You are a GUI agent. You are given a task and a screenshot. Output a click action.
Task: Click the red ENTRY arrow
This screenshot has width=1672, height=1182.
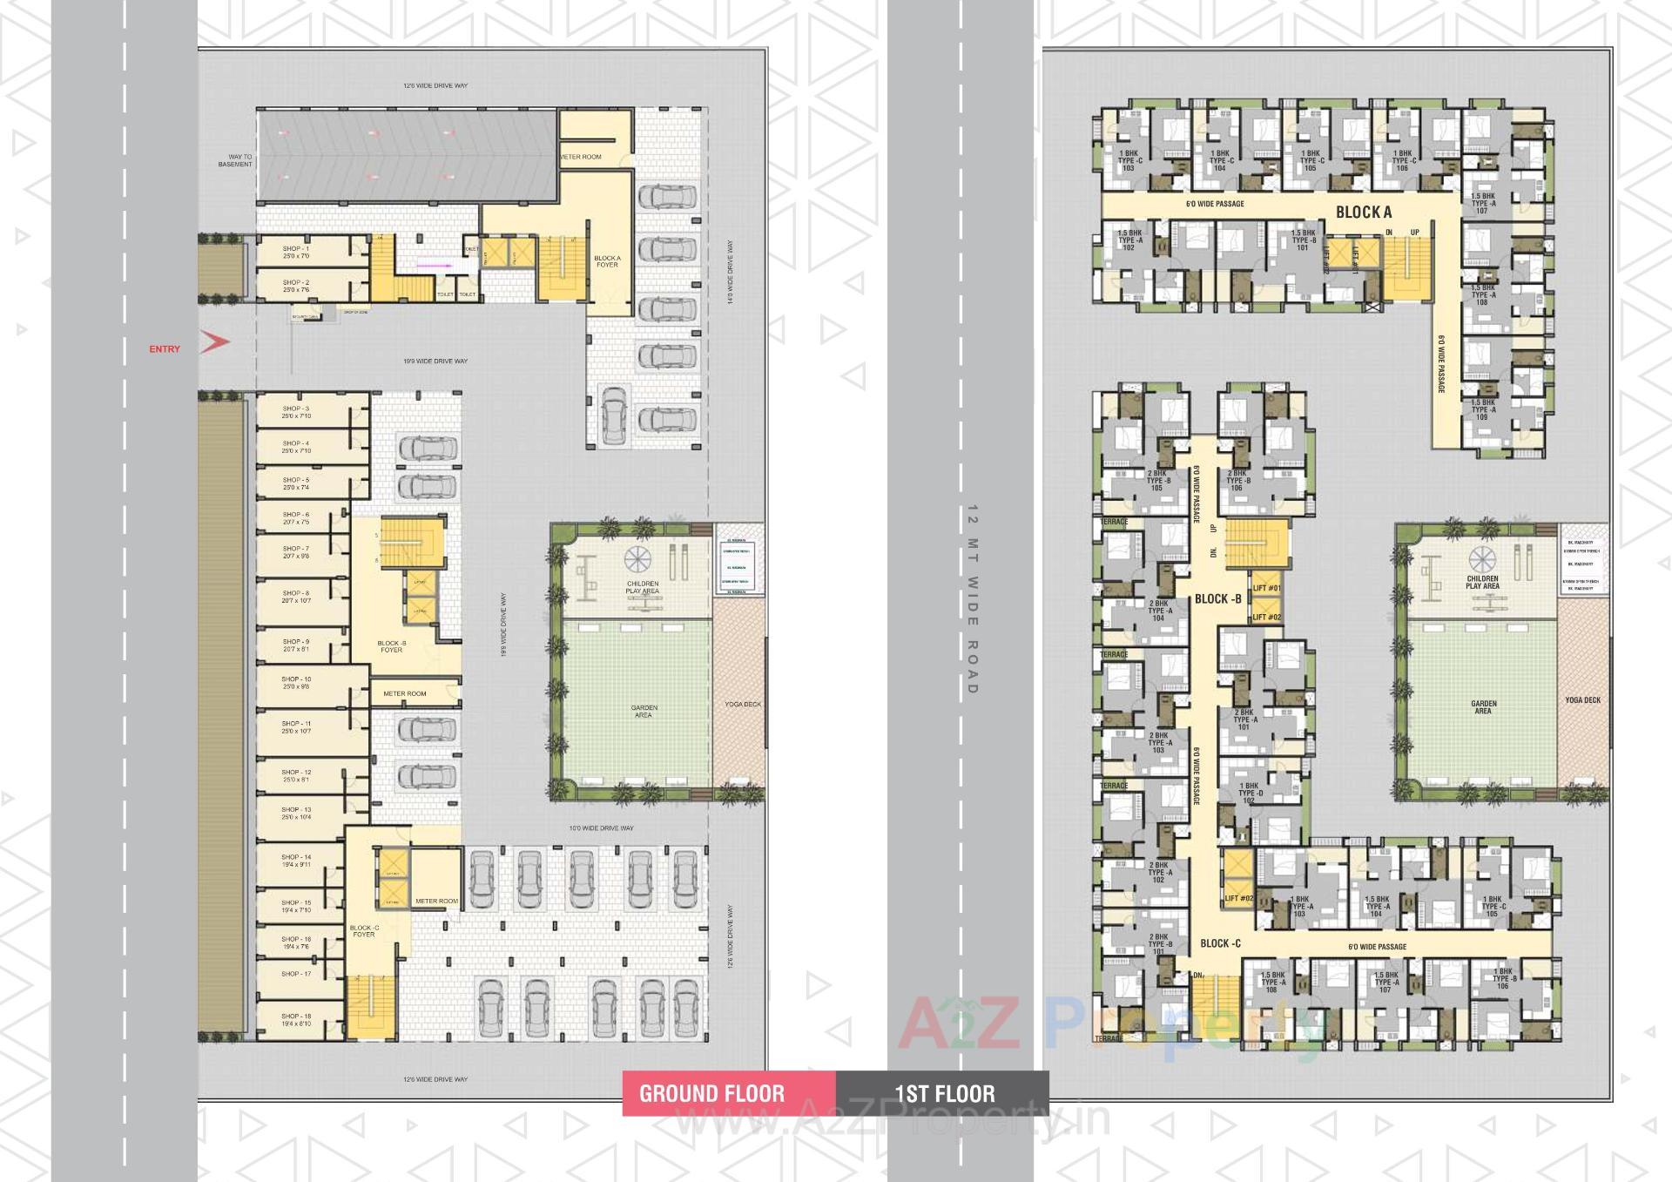pyautogui.click(x=215, y=342)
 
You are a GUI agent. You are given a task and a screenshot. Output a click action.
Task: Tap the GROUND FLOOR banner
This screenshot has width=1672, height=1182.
pyautogui.click(x=711, y=1094)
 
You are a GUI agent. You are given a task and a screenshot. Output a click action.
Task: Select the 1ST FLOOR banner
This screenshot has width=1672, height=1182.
pyautogui.click(x=944, y=1094)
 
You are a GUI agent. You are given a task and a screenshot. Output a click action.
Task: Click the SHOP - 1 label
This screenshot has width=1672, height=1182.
pyautogui.click(x=295, y=253)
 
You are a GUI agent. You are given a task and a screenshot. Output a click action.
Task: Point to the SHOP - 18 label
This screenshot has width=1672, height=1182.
pyautogui.click(x=295, y=1020)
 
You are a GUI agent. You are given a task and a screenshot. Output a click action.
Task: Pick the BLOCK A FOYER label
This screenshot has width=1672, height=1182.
pyautogui.click(x=607, y=261)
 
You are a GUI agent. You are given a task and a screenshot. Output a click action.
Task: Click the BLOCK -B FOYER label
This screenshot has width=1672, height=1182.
pyautogui.click(x=391, y=646)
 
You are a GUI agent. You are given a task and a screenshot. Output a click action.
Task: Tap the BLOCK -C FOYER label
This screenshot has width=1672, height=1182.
pyautogui.click(x=364, y=931)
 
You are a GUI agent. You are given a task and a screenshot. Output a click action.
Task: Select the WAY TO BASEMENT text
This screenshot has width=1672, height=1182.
pyautogui.click(x=235, y=160)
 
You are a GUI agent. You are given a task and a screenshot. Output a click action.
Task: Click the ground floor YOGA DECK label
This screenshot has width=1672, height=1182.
pyautogui.click(x=742, y=705)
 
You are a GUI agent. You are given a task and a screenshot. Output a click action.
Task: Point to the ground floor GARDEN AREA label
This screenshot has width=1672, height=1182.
pyautogui.click(x=643, y=712)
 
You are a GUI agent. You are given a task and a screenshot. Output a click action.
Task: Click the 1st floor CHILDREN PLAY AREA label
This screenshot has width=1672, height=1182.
pyautogui.click(x=1482, y=582)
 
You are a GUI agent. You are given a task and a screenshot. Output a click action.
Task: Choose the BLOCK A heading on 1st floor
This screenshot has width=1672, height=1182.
pyautogui.click(x=1364, y=212)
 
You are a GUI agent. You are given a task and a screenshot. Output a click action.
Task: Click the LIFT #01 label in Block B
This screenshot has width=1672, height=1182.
pyautogui.click(x=1266, y=589)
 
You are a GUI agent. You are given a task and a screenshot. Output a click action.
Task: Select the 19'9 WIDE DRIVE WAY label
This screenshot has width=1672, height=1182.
pyautogui.click(x=435, y=361)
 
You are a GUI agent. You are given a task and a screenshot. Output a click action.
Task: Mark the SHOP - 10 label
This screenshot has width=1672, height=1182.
pyautogui.click(x=295, y=683)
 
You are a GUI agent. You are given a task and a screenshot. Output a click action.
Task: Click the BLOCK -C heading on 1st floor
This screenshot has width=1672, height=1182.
pyautogui.click(x=1220, y=943)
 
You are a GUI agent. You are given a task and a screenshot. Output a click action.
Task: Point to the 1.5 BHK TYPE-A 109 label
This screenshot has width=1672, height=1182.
pyautogui.click(x=1482, y=409)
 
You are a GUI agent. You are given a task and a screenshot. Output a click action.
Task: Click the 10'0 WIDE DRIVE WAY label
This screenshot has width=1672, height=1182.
pyautogui.click(x=601, y=828)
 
